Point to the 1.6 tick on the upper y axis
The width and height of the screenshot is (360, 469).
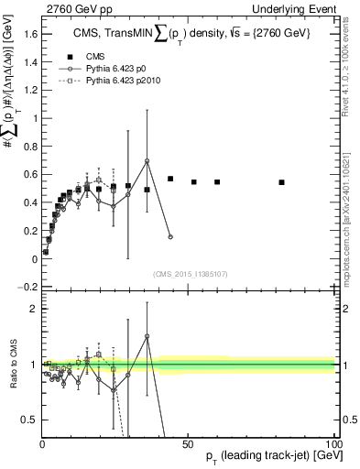28,33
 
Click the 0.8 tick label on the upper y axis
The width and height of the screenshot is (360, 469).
28,147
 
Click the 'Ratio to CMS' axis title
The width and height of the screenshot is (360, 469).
12,365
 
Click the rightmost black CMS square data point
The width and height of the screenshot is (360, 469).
282,182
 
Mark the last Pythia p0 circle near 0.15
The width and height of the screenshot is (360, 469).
170,237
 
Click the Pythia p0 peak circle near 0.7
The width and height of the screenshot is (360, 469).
147,161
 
